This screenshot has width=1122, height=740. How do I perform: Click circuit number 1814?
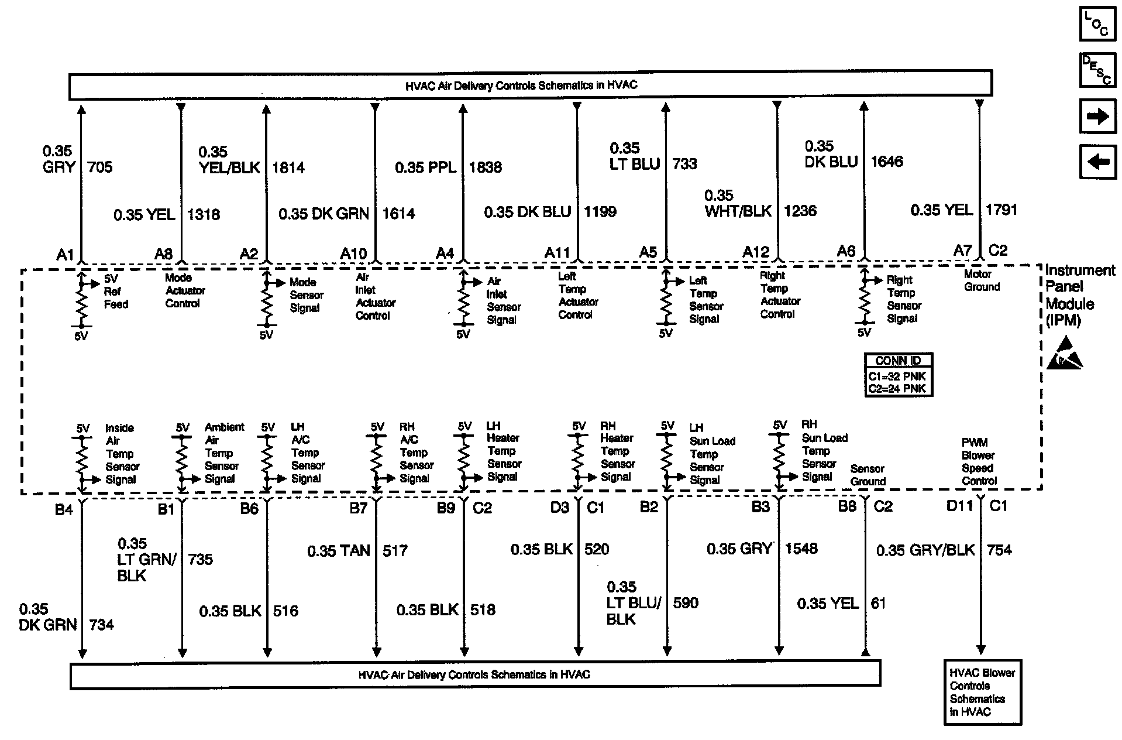coord(288,168)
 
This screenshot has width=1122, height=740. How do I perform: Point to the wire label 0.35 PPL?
coord(425,167)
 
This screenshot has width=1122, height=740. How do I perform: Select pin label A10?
coord(353,253)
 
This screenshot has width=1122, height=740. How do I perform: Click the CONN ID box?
coord(898,375)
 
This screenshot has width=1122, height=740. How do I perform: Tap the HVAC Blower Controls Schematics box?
coord(982,693)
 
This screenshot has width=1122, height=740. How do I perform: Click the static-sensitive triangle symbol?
coord(1064,353)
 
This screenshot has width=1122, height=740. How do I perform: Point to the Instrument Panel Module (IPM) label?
coord(1072,295)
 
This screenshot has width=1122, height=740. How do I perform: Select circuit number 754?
coord(999,550)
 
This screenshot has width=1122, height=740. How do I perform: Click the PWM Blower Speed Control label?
coord(979,462)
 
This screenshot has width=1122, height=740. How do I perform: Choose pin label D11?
coord(959,506)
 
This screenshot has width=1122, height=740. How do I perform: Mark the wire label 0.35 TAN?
coord(339,551)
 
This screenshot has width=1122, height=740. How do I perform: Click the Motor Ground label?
coord(982,280)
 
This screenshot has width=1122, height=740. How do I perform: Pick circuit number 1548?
coord(801,549)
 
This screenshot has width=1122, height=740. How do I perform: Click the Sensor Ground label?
coord(868,475)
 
